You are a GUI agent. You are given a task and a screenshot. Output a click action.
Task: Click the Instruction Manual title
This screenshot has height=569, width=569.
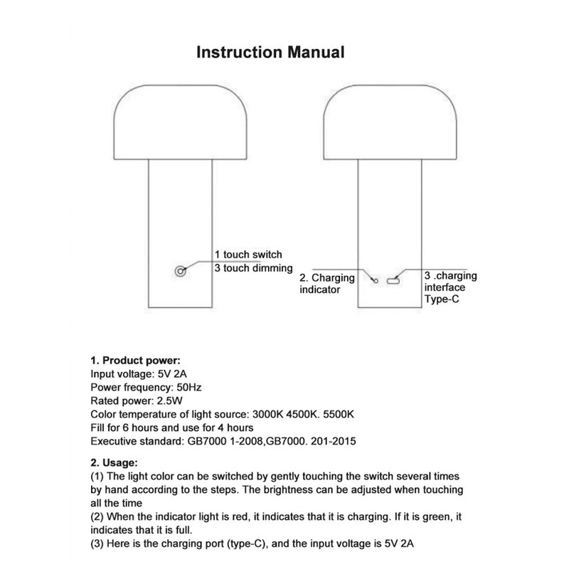tap(270, 52)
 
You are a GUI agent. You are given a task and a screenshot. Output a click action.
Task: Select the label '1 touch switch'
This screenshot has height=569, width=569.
tap(248, 255)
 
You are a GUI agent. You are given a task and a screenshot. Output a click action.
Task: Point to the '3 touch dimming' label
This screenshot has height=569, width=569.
tap(253, 268)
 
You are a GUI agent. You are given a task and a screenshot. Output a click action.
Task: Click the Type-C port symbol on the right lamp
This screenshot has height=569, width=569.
tap(393, 282)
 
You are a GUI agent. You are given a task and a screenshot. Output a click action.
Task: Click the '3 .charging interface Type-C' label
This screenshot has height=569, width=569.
tap(450, 287)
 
